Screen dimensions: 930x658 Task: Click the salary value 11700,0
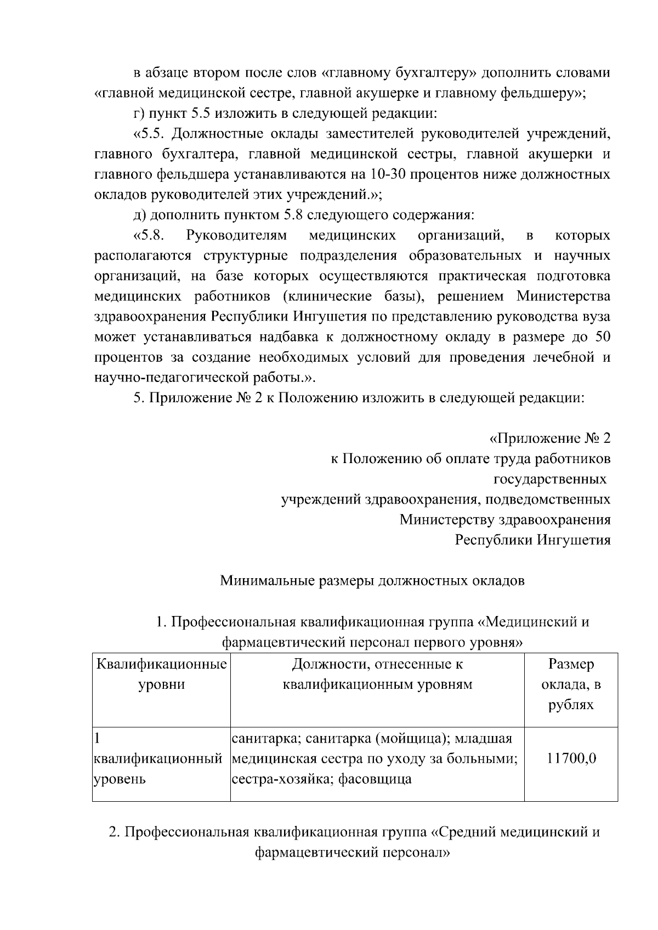571,759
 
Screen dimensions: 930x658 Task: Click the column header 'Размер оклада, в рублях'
571,684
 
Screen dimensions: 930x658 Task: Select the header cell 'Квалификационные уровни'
161,675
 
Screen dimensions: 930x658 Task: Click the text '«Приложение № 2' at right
549,438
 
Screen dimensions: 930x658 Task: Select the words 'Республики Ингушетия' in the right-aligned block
532,540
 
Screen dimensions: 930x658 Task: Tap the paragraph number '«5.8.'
150,236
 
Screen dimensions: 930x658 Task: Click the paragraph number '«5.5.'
150,134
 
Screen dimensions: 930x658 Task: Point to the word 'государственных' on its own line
550,480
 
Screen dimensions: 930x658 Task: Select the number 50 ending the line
602,338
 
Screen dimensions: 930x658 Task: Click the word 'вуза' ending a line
595,317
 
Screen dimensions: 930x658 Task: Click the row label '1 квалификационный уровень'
159,759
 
